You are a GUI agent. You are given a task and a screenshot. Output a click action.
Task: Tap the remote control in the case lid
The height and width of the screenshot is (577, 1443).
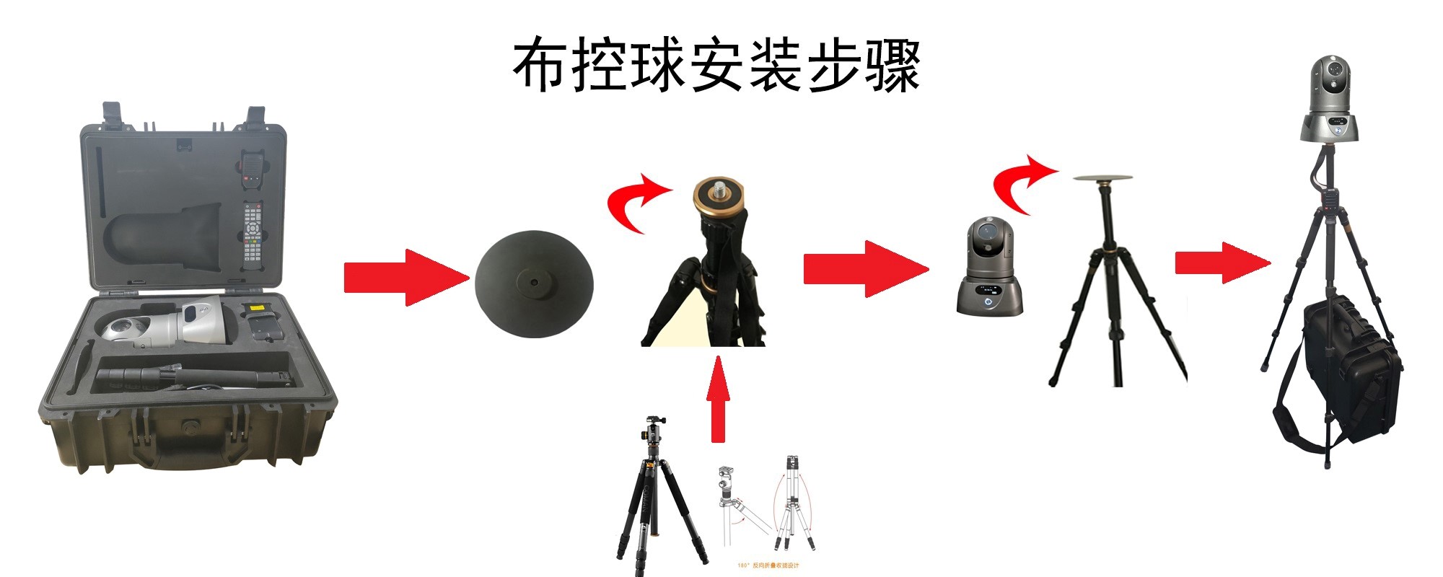coord(252,235)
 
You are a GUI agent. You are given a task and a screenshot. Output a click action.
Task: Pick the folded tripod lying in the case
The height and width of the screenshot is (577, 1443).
coord(195,377)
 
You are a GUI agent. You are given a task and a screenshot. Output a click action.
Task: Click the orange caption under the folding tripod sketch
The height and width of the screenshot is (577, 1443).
coord(768,565)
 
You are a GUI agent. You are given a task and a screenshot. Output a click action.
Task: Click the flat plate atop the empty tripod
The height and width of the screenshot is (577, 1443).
coord(1102,177)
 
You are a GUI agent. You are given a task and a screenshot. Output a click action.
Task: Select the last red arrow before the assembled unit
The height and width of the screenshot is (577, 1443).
coord(1221,263)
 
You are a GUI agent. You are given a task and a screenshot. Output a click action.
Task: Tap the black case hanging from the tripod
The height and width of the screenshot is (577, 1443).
coord(1349,368)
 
